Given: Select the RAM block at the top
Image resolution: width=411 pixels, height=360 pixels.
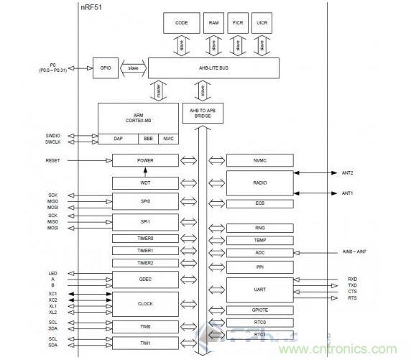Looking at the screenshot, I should point(213,24).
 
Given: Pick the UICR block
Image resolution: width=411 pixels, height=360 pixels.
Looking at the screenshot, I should point(264,24).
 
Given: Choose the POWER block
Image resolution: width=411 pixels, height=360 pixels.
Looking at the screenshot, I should point(145,160).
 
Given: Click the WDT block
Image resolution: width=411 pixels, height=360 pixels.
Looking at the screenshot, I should point(145,183).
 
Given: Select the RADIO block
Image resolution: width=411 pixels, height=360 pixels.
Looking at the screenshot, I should point(259,183).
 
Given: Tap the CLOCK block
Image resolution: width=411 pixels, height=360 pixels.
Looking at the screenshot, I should point(145,304).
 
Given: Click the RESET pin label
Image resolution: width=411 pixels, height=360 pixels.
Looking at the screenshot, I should point(53,160).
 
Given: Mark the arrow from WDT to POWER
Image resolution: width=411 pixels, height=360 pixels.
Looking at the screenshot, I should point(145,172).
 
